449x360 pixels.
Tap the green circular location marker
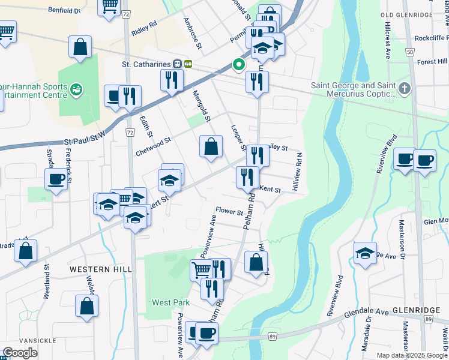[238, 65]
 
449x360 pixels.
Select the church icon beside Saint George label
[405, 89]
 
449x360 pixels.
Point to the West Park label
[166, 302]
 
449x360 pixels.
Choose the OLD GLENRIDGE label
[406, 14]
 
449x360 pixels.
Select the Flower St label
[229, 212]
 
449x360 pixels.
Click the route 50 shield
[409, 53]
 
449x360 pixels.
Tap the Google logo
[20, 353]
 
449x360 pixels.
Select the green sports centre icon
[76, 90]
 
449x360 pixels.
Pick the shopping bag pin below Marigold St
[211, 148]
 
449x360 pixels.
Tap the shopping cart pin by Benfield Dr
[109, 7]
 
